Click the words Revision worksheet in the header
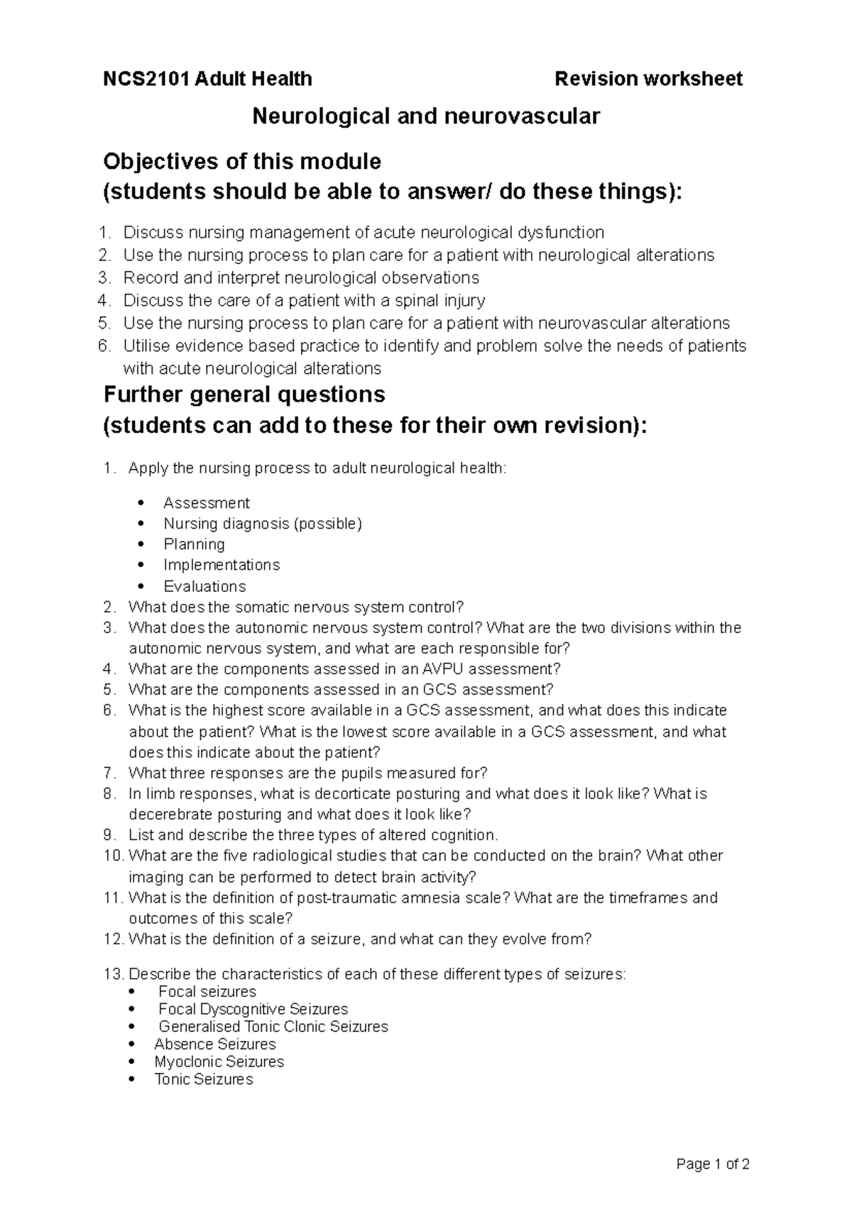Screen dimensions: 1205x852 point(648,79)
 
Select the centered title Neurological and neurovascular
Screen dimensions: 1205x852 point(426,116)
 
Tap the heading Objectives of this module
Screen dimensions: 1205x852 point(242,162)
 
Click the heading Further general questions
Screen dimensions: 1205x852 point(244,394)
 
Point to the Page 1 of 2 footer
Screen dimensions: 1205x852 point(713,1164)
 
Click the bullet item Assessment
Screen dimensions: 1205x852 point(207,503)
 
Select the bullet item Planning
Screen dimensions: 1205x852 point(194,544)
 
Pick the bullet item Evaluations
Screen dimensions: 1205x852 point(204,586)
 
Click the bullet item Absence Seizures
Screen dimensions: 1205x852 point(215,1044)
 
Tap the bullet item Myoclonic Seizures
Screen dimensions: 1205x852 point(219,1062)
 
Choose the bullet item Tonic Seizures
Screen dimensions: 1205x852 point(203,1079)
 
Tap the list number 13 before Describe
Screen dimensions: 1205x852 point(114,974)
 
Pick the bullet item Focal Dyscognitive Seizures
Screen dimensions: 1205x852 point(253,1009)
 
